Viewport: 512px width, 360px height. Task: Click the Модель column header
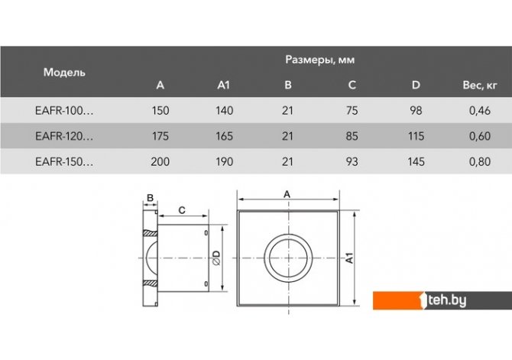[x=64, y=72]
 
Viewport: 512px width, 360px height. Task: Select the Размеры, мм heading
[x=319, y=60]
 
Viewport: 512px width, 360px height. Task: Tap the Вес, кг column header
[x=480, y=86]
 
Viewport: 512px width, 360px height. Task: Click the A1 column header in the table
[x=224, y=86]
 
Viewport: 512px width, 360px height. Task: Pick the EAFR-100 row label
[x=64, y=111]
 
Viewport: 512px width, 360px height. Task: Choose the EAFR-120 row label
[x=64, y=136]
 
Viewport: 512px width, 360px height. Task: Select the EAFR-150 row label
[x=64, y=162]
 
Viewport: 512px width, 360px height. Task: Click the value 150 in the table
[x=160, y=111]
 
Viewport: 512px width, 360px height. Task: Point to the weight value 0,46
[x=480, y=111]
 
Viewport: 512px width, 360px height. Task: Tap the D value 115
[x=416, y=136]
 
